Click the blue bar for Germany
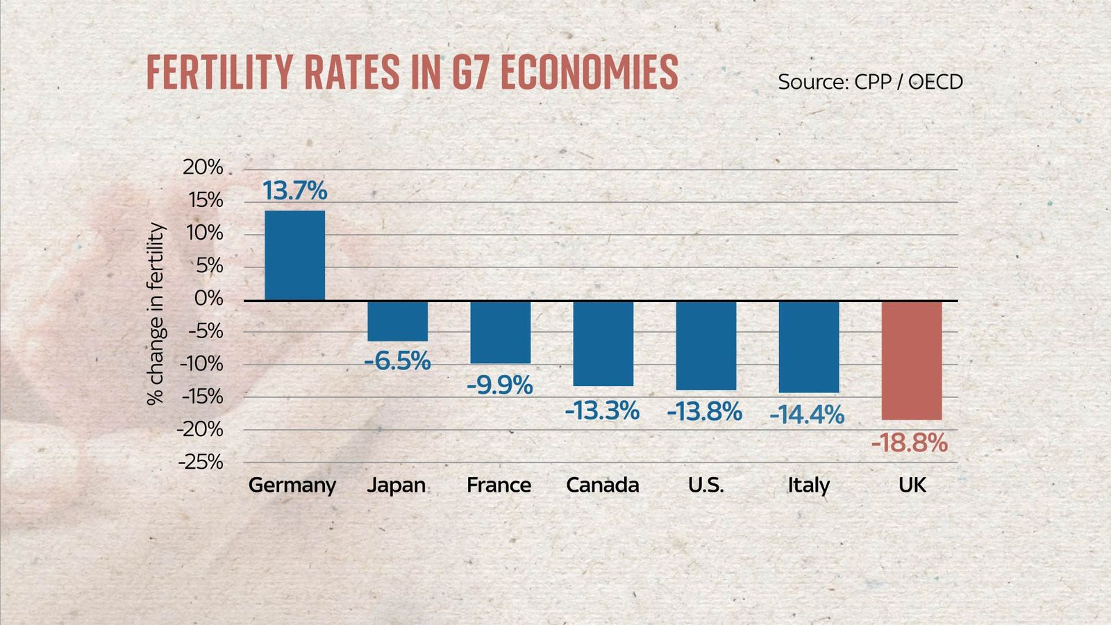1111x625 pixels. click(x=294, y=256)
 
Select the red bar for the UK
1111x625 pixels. click(x=911, y=360)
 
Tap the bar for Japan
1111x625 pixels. click(x=397, y=321)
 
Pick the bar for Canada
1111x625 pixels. click(x=603, y=343)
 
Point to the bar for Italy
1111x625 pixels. click(x=808, y=347)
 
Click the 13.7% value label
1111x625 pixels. click(x=294, y=190)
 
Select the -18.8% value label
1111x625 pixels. click(x=909, y=442)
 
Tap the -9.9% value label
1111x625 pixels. click(x=499, y=384)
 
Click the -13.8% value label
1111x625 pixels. click(x=704, y=411)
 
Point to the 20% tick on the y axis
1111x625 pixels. click(x=203, y=167)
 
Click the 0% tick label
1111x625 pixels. click(x=208, y=299)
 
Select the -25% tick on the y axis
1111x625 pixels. click(x=200, y=462)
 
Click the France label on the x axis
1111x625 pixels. click(x=499, y=485)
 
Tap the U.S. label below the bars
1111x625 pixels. click(x=705, y=485)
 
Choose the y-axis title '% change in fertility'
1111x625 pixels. click(x=156, y=314)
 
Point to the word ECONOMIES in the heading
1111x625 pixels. click(x=589, y=72)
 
